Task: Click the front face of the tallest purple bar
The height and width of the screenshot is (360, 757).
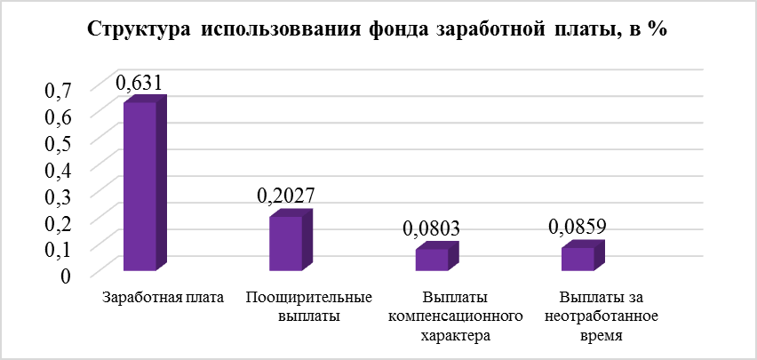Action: click(139, 187)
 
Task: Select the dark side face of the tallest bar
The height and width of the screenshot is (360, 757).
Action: click(162, 181)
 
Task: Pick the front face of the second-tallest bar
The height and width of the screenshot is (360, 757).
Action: click(285, 244)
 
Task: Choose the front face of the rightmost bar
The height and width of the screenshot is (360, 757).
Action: click(578, 259)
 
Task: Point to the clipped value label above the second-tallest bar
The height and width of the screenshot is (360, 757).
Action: click(285, 203)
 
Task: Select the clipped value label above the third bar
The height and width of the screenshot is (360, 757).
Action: click(432, 230)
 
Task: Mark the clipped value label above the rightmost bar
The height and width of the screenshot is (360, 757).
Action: click(578, 229)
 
